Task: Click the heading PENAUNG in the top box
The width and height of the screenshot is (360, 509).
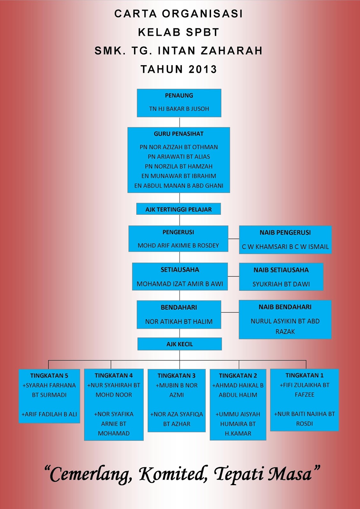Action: click(x=179, y=95)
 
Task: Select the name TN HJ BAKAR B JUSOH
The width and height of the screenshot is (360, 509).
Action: click(x=179, y=109)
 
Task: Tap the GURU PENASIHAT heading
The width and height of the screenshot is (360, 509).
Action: click(x=179, y=134)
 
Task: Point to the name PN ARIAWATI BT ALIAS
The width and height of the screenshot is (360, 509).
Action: click(x=179, y=157)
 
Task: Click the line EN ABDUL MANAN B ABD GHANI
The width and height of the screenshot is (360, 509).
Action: click(x=179, y=186)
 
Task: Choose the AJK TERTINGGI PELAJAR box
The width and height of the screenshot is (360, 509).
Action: click(x=179, y=209)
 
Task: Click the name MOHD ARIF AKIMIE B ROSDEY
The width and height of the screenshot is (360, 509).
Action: click(x=178, y=246)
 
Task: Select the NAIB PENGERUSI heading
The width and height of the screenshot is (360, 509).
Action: click(x=285, y=233)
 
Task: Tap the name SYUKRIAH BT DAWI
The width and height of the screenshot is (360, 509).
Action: click(x=281, y=284)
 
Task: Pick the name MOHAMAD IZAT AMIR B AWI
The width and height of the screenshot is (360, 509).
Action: click(x=180, y=284)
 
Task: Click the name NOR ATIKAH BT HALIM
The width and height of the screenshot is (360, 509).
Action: click(x=179, y=322)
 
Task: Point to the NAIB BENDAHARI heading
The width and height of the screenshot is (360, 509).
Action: click(x=285, y=307)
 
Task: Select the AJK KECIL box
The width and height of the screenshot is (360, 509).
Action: click(x=180, y=344)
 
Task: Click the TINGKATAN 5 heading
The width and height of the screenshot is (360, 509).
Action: click(x=49, y=376)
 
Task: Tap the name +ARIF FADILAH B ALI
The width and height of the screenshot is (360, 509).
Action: click(x=49, y=414)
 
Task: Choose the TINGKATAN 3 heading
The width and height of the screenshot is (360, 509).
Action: click(x=176, y=376)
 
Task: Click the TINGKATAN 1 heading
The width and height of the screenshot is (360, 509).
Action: click(x=305, y=376)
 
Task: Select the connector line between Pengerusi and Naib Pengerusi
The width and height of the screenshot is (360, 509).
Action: click(x=234, y=239)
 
